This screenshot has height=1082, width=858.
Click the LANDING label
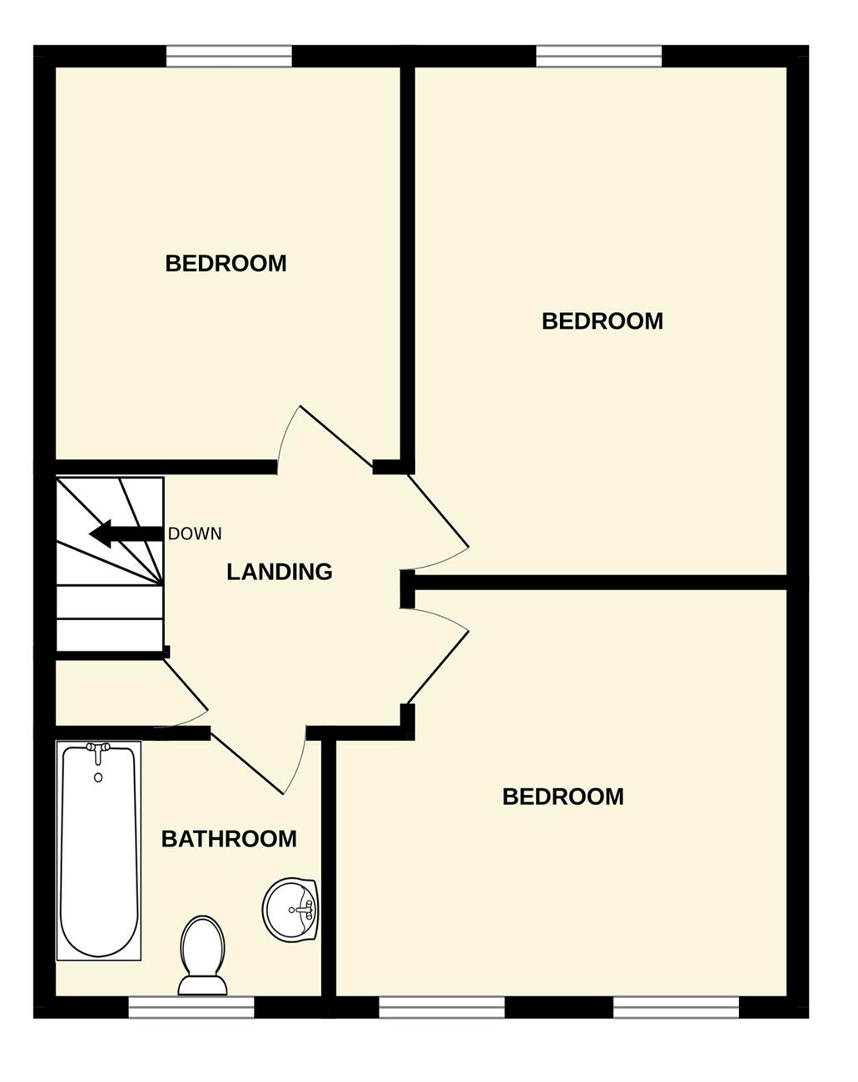click(x=280, y=572)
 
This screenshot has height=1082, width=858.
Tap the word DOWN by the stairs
click(x=195, y=534)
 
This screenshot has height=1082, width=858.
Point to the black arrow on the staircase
click(x=126, y=534)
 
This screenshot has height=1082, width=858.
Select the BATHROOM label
click(x=229, y=839)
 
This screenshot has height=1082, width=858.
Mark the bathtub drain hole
click(x=98, y=778)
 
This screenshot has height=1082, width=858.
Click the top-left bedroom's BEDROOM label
click(x=226, y=264)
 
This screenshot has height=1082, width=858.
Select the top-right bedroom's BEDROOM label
click(x=602, y=321)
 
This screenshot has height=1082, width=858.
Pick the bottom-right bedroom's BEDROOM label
click(x=563, y=797)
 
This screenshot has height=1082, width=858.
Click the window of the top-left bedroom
click(x=229, y=56)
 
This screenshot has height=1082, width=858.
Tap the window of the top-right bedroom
click(x=598, y=56)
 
